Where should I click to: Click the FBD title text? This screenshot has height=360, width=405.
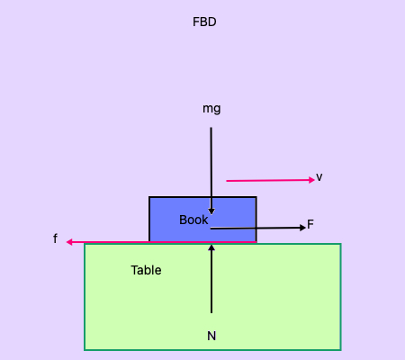pyautogui.click(x=204, y=22)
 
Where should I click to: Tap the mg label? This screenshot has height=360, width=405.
pyautogui.click(x=211, y=109)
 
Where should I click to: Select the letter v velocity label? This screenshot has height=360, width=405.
pyautogui.click(x=319, y=177)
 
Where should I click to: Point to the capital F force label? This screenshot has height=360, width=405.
pyautogui.click(x=310, y=224)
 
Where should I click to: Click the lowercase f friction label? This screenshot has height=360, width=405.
pyautogui.click(x=55, y=238)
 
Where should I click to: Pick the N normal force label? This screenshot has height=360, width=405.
pyautogui.click(x=211, y=336)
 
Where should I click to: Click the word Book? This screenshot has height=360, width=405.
pyautogui.click(x=193, y=220)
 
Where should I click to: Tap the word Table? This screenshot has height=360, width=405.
pyautogui.click(x=146, y=270)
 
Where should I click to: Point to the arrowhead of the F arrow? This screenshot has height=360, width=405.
pyautogui.click(x=303, y=228)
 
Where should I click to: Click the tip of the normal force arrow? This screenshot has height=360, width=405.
pyautogui.click(x=211, y=247)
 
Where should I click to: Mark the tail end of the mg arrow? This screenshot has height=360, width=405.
pyautogui.click(x=211, y=128)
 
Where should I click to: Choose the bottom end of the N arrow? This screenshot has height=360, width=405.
pyautogui.click(x=211, y=312)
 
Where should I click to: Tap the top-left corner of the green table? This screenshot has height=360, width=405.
pyautogui.click(x=85, y=245)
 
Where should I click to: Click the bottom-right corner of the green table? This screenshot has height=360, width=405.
pyautogui.click(x=340, y=348)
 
